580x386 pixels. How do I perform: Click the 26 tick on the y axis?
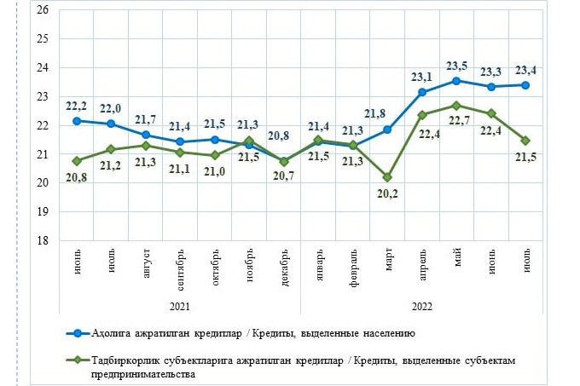tap(41, 10)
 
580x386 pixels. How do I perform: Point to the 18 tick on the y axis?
tap(41, 241)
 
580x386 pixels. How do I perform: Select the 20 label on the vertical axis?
tap(41, 183)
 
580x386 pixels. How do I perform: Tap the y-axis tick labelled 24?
tap(41, 68)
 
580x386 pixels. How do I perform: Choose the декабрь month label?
tap(284, 265)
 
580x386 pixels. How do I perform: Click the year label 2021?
tap(180, 304)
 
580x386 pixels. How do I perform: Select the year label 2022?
tap(422, 304)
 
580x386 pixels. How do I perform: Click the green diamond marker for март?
tap(388, 177)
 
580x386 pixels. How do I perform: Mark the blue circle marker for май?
tap(457, 81)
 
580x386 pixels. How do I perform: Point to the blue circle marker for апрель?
tap(422, 92)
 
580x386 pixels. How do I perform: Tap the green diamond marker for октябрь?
tap(215, 155)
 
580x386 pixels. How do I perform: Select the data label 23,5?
tap(458, 65)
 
